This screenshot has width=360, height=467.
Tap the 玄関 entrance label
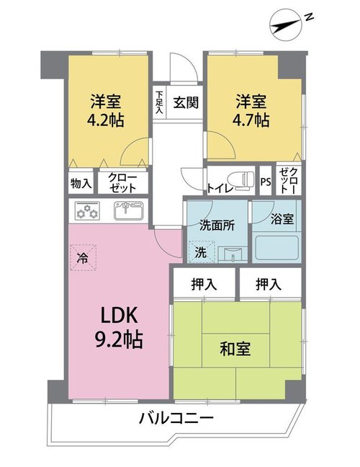click(186, 103)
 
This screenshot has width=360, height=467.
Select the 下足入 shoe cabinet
click(159, 102)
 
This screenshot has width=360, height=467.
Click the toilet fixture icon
click(241, 180)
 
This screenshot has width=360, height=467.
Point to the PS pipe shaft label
click(266, 182)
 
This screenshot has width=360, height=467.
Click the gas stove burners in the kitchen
click(87, 211)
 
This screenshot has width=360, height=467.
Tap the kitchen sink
click(129, 210)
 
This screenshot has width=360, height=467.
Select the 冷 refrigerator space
click(83, 257)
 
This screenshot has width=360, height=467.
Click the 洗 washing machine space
click(202, 252)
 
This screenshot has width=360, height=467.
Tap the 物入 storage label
click(81, 183)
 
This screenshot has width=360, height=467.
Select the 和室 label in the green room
click(235, 349)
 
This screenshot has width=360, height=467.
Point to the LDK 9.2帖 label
click(119, 327)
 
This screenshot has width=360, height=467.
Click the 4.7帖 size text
click(251, 120)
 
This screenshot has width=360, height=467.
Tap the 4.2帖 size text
click(105, 120)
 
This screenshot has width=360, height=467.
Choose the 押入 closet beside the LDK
click(204, 284)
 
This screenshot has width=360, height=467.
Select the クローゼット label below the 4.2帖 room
click(122, 182)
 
